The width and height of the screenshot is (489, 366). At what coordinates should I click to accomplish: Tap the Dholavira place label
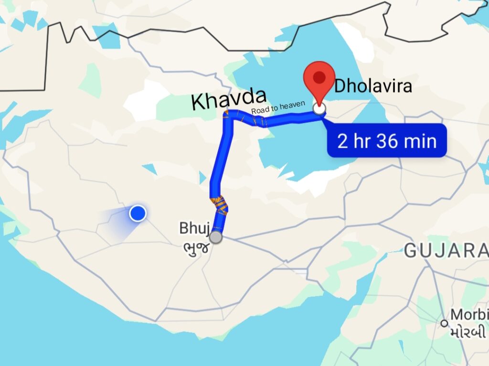[372, 86]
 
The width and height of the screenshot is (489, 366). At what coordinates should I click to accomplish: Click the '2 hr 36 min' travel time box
[386, 140]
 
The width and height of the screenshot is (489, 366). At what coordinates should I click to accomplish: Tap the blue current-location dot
[138, 213]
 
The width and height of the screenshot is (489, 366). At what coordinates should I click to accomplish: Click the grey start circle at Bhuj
[216, 237]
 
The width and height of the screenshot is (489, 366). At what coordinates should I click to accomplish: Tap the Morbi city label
[470, 315]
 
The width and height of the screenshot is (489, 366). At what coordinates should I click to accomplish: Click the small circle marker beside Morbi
[445, 323]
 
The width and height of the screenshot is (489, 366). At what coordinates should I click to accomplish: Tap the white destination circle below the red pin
[319, 109]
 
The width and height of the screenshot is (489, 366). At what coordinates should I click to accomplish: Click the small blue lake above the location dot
[150, 169]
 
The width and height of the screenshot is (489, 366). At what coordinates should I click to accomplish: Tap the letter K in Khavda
[198, 102]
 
